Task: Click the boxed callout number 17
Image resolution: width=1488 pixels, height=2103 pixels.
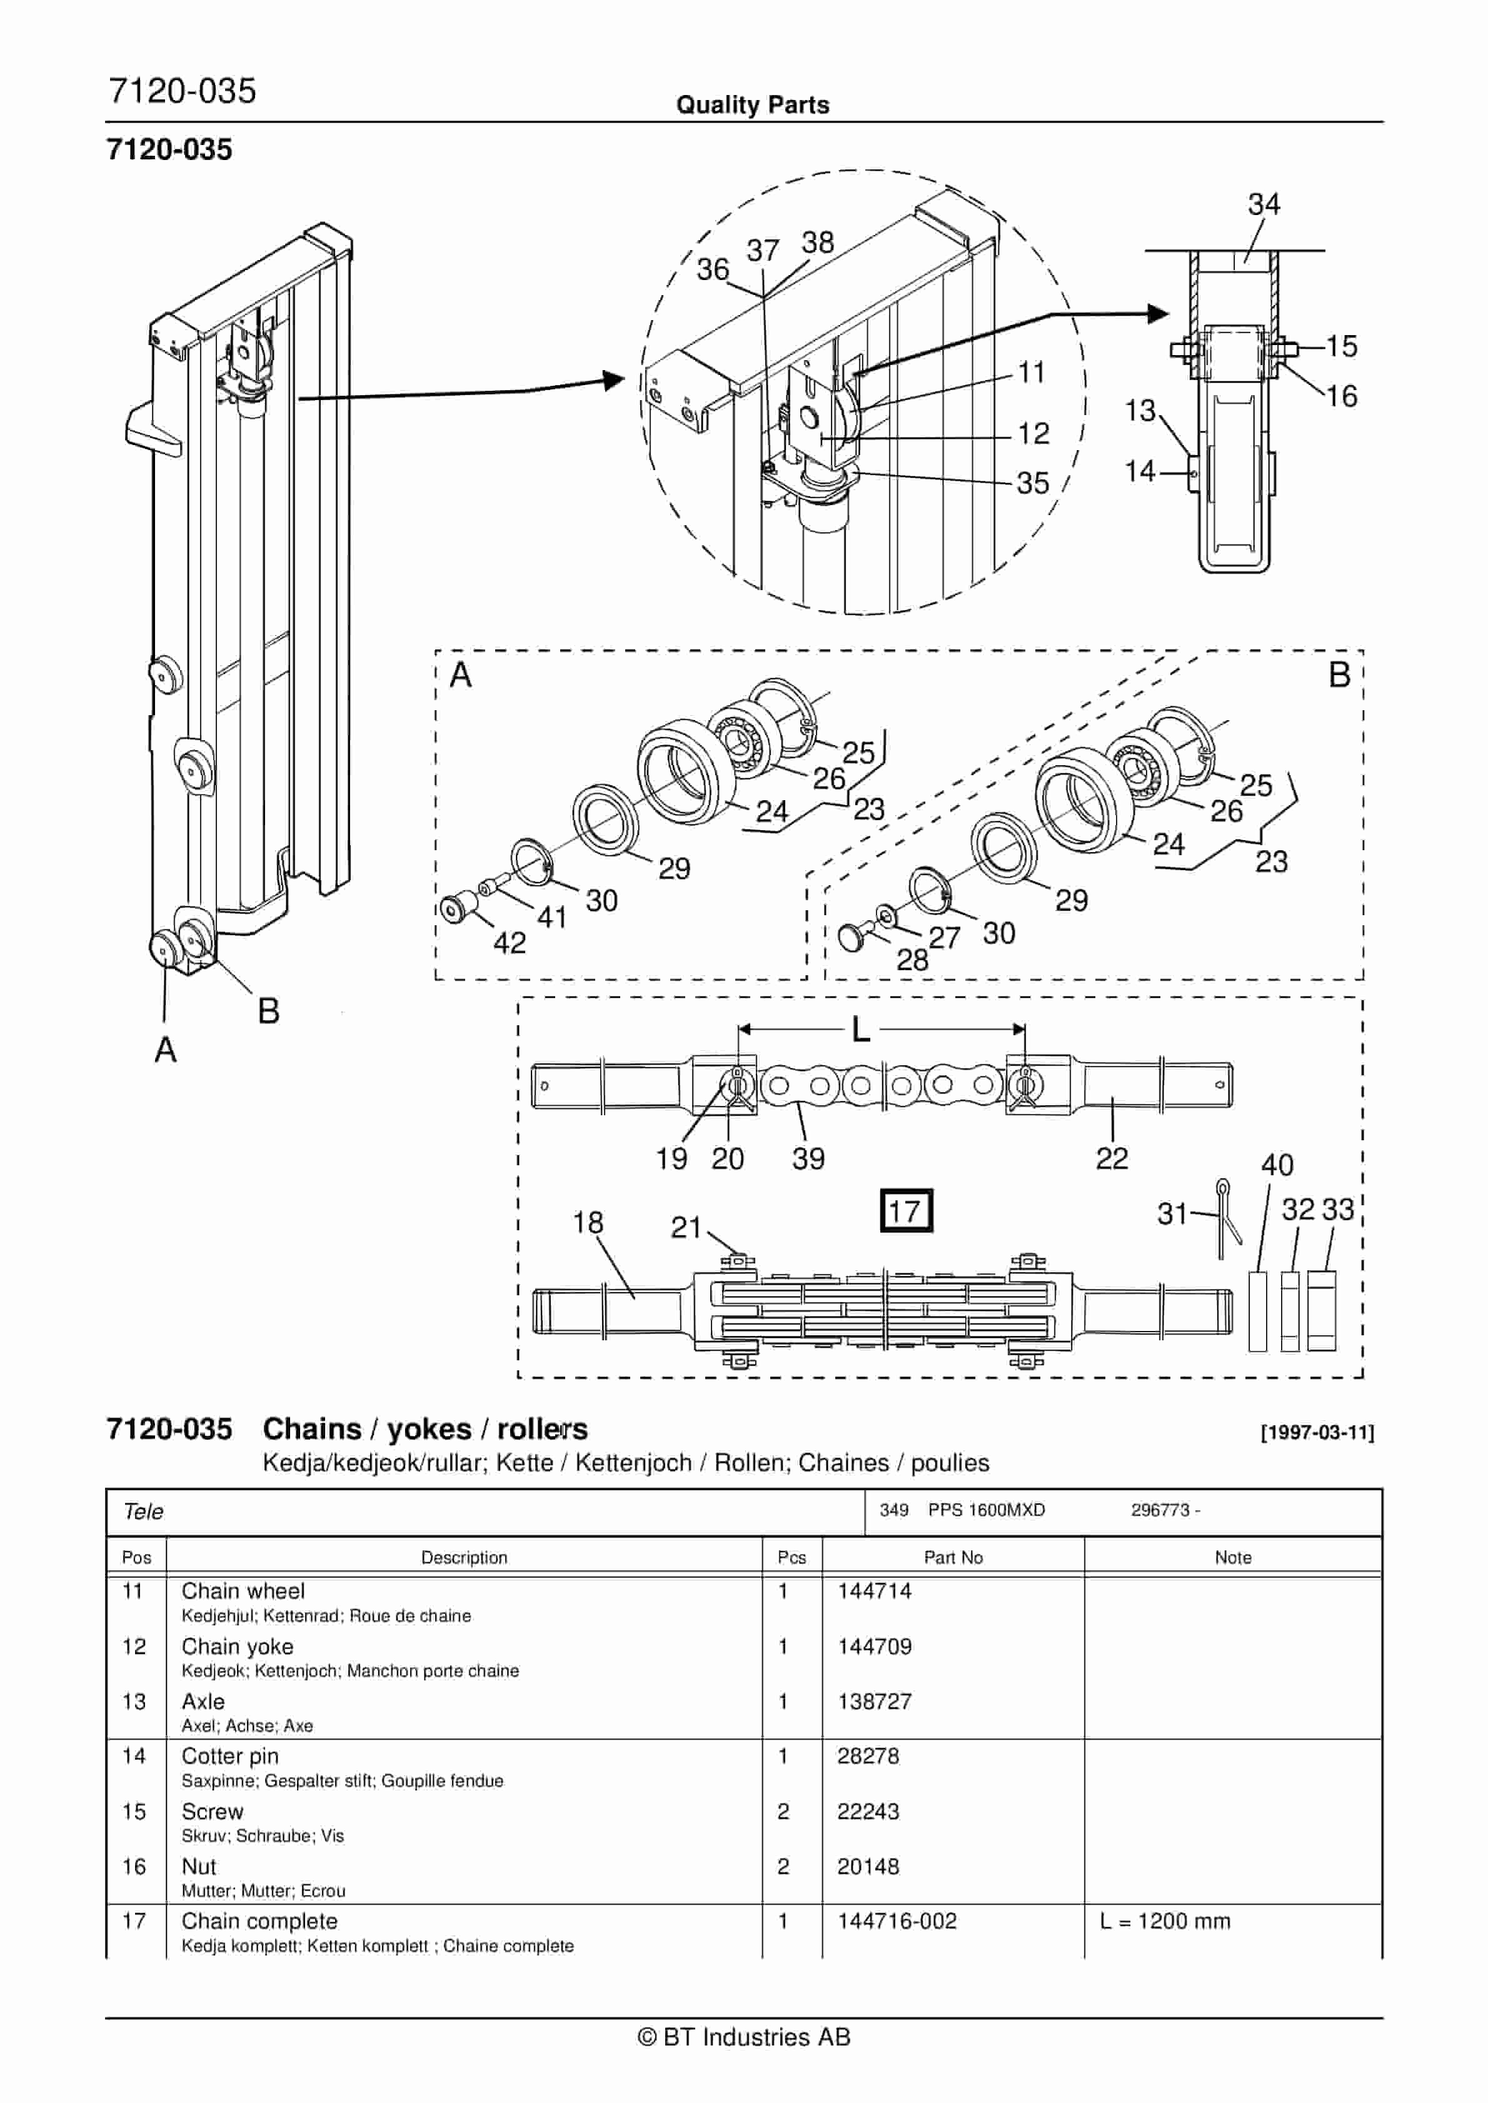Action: (x=905, y=1211)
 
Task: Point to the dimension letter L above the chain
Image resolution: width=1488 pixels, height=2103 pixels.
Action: (x=860, y=1030)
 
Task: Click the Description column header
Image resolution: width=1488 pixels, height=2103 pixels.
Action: (x=464, y=1557)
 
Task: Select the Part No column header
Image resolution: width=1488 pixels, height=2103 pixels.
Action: (x=953, y=1557)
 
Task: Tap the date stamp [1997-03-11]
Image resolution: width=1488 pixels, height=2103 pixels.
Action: (x=1317, y=1433)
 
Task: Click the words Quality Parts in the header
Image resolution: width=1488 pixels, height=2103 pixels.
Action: (x=752, y=105)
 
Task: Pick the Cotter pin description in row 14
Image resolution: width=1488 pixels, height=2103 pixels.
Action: (x=230, y=1756)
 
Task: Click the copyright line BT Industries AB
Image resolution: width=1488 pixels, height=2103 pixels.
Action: (x=744, y=2037)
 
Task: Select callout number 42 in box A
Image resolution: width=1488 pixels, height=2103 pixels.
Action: (x=510, y=943)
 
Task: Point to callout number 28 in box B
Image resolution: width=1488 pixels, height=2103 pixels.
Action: (x=912, y=959)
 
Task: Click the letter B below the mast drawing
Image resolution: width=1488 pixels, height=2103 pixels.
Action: (x=268, y=1011)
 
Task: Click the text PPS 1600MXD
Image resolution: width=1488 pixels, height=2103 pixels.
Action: (x=986, y=1510)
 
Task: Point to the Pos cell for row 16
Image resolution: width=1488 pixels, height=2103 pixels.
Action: (x=134, y=1866)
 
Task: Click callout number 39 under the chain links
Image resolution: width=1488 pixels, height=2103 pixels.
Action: (x=808, y=1158)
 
